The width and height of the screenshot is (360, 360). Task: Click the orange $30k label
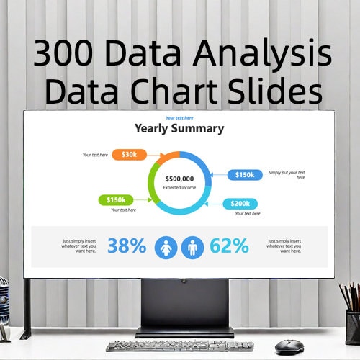[x=130, y=154]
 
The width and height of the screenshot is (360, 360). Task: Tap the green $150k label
[x=116, y=199]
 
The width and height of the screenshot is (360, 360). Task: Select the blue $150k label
[x=245, y=175]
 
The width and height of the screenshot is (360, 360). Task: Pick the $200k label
[x=240, y=204]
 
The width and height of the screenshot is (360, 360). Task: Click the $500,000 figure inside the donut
[x=179, y=179]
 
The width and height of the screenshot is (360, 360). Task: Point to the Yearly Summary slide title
[x=179, y=129]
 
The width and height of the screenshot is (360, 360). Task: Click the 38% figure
[x=127, y=246]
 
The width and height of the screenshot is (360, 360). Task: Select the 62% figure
[x=230, y=246]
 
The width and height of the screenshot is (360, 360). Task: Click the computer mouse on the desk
[x=289, y=346]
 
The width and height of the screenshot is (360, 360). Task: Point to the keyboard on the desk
[x=173, y=346]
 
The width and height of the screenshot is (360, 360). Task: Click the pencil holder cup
[x=353, y=328]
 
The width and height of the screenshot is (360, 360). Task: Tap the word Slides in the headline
[x=274, y=92]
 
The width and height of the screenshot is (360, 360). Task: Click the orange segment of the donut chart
[x=168, y=156]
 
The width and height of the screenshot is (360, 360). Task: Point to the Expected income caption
[x=179, y=187]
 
